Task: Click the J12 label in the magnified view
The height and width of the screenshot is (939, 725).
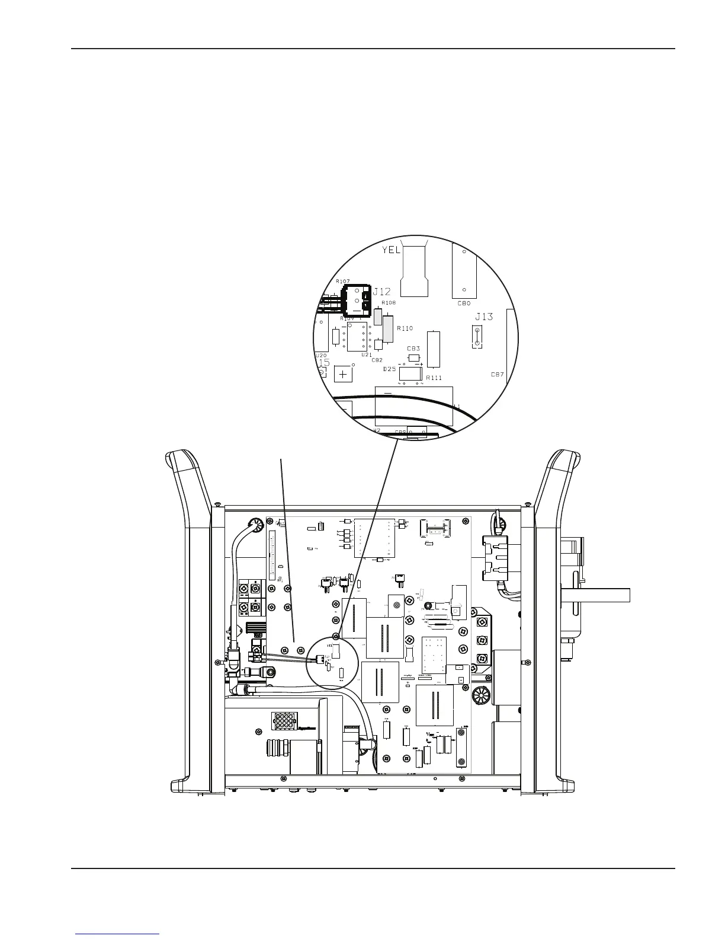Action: [x=381, y=292]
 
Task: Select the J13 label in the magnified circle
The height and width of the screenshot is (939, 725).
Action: [x=483, y=317]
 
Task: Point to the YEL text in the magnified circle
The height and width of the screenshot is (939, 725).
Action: [x=391, y=250]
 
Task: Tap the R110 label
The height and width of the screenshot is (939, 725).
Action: [x=405, y=328]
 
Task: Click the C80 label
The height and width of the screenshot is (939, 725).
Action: [x=464, y=303]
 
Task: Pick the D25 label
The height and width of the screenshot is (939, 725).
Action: [x=389, y=369]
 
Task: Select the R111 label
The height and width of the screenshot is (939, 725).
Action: [x=434, y=378]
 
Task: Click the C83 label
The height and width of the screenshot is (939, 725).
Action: [x=413, y=349]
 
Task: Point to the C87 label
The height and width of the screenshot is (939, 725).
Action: [x=497, y=374]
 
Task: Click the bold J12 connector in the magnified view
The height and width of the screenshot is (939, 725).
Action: [x=357, y=300]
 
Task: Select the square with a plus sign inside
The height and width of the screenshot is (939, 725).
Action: [x=344, y=375]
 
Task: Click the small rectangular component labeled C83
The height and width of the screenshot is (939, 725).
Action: [x=414, y=358]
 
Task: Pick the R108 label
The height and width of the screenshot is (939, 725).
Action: [x=389, y=302]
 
